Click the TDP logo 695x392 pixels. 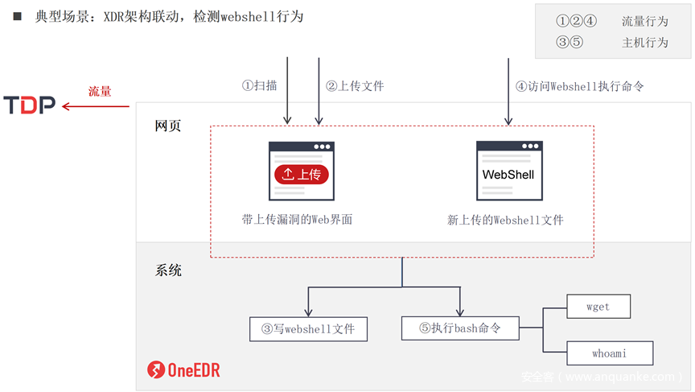(x=29, y=105)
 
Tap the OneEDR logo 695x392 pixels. (x=183, y=370)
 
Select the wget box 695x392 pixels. (x=598, y=307)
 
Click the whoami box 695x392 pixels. (x=609, y=353)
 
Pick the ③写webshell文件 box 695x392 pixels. (x=308, y=328)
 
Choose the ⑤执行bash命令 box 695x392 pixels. (x=459, y=328)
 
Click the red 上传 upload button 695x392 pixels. (x=302, y=174)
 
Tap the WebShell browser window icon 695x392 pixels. (x=508, y=171)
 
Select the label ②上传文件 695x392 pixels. (x=354, y=85)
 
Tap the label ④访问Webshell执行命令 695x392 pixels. (x=579, y=85)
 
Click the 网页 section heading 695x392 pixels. (x=168, y=126)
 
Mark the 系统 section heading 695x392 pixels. (x=168, y=270)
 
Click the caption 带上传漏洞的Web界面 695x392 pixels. (x=297, y=218)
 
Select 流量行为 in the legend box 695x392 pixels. (x=645, y=22)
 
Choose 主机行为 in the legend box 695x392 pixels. (x=645, y=42)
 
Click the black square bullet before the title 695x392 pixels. (x=17, y=15)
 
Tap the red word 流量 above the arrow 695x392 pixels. (x=100, y=91)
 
